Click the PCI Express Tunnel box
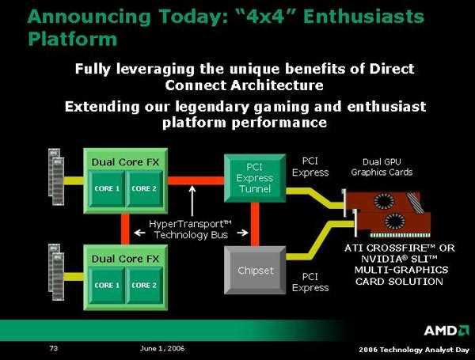[255, 178]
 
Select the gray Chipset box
[255, 270]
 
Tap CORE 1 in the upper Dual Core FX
[107, 188]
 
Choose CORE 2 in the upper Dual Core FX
[144, 188]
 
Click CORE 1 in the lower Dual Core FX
[107, 285]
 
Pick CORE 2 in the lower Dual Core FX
[144, 285]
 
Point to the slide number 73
[54, 348]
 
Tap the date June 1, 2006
[162, 348]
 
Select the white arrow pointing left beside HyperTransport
[139, 233]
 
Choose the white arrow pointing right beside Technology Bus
[243, 233]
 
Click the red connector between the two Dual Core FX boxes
[125, 229]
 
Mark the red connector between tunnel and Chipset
[255, 225]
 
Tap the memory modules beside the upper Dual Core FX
[56, 176]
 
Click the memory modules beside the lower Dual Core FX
[56, 272]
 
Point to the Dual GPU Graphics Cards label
[382, 167]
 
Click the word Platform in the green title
[72, 40]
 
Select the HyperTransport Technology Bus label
[191, 229]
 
